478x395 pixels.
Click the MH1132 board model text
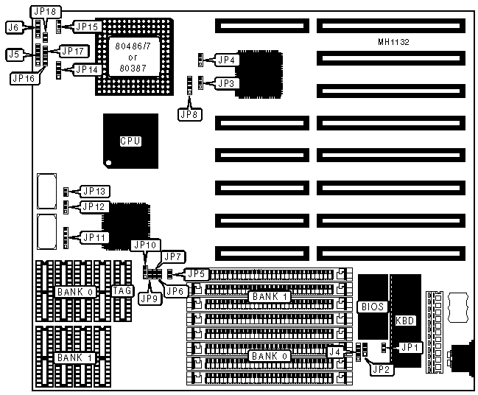click(x=391, y=42)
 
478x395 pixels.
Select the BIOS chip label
click(x=372, y=306)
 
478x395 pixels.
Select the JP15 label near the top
click(x=87, y=27)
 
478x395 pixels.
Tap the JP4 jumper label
click(x=226, y=59)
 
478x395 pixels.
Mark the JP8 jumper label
click(x=189, y=114)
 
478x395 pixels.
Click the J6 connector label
click(x=13, y=27)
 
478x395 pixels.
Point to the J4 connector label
click(x=335, y=352)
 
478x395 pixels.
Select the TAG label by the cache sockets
click(x=122, y=291)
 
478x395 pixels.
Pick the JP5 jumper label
click(x=195, y=274)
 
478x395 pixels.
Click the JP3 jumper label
click(x=226, y=83)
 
